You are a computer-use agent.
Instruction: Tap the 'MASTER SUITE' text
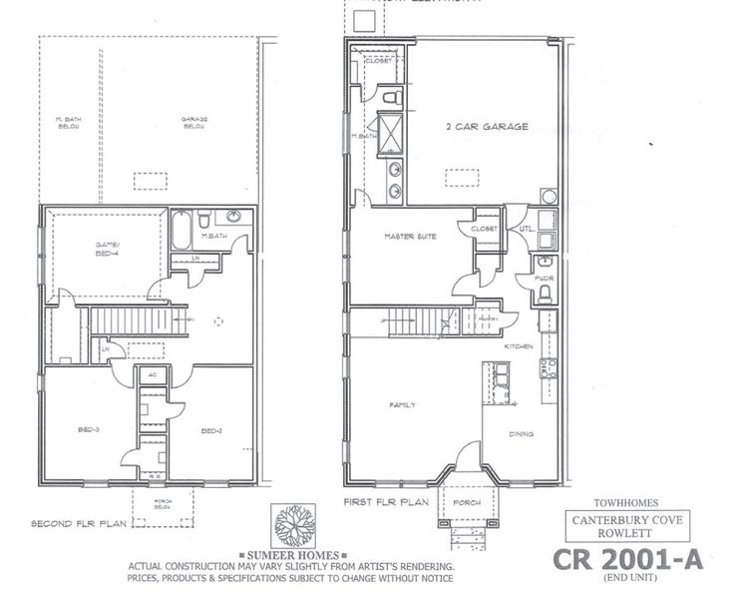[407, 237]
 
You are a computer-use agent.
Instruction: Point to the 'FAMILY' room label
[401, 404]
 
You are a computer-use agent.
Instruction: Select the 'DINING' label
[520, 434]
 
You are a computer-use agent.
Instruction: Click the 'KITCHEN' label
[519, 345]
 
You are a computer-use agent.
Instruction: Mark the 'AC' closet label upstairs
[153, 375]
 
